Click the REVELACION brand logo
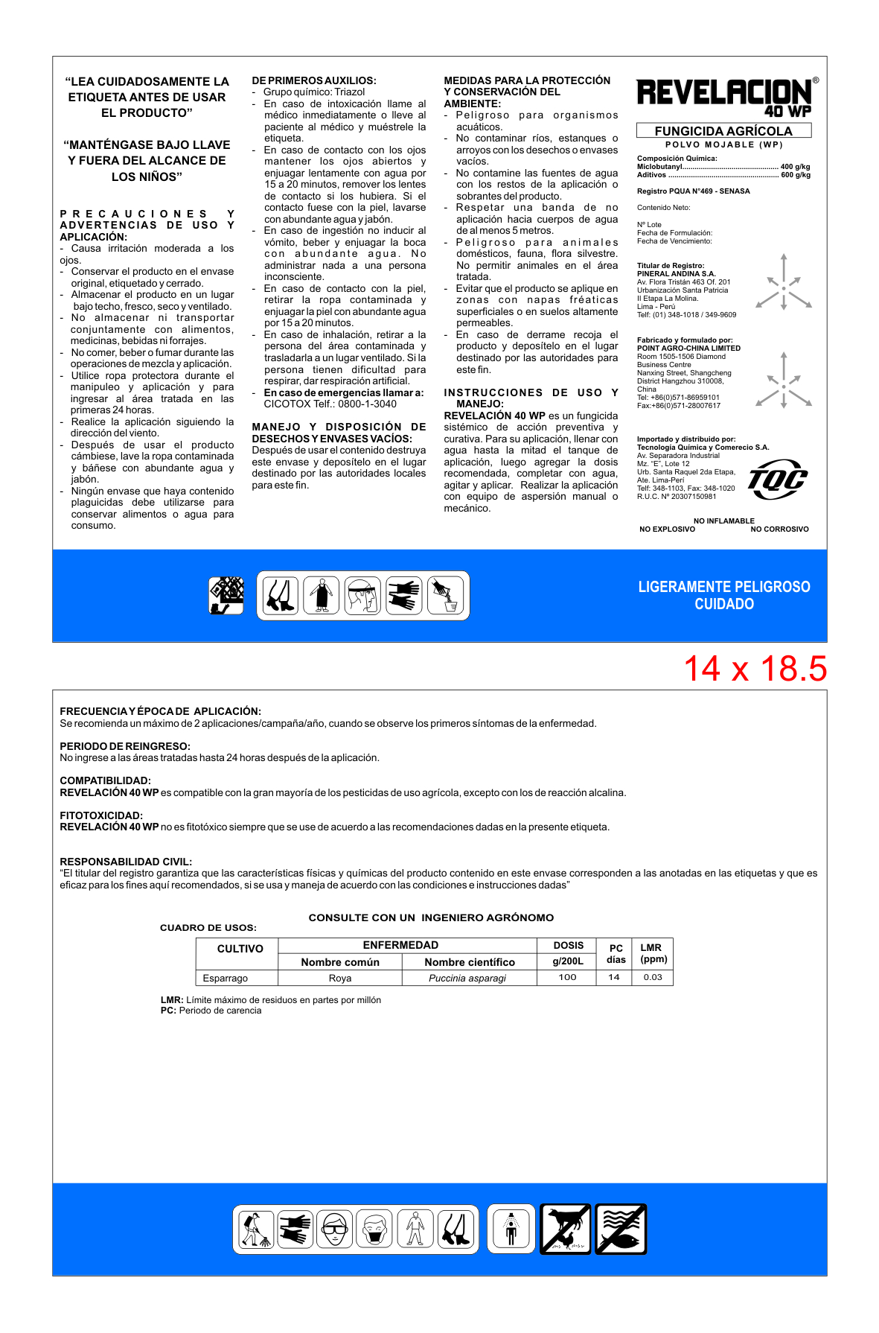pos(723,95)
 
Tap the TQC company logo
pos(777,479)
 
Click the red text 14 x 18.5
pos(755,669)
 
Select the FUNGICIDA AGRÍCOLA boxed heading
pos(723,131)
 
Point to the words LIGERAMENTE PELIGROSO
pos(723,587)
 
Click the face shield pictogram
pos(363,595)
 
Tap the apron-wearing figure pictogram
pos(322,595)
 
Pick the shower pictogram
pos(511,1229)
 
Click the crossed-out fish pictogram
pos(621,1229)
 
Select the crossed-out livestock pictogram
pos(566,1229)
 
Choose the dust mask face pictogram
pos(374,1229)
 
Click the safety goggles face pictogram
pos(334,1229)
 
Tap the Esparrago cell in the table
pos(226,978)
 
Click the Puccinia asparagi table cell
pos(467,978)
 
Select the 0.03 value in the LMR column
pos(653,977)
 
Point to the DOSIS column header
pos(568,945)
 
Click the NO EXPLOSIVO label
pos(667,529)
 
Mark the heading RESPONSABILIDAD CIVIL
pos(126,862)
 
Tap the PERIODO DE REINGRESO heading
pos(125,746)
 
